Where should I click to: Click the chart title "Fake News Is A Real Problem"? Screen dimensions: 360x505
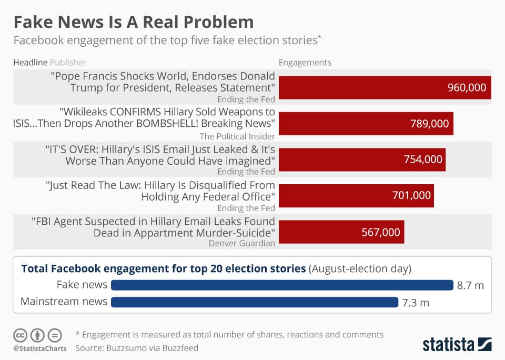(x=133, y=22)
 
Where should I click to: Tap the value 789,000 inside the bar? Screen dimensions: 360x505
(x=429, y=124)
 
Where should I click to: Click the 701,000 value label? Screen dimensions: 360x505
(x=411, y=196)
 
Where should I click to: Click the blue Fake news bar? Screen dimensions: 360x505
(x=282, y=285)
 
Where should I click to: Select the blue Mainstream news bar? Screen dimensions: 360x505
(x=255, y=302)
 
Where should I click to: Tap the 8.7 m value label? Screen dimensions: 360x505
(x=470, y=285)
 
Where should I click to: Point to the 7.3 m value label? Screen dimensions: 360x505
(x=416, y=302)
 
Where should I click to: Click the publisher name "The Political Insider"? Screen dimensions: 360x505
(x=235, y=136)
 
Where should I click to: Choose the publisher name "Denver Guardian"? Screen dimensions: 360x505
(x=241, y=243)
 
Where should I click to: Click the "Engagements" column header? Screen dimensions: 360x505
(x=305, y=63)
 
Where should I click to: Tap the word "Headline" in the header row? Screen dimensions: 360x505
(x=30, y=63)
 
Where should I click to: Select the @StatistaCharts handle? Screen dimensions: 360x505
(x=40, y=348)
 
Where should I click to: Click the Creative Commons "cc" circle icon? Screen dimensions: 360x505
(x=20, y=335)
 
